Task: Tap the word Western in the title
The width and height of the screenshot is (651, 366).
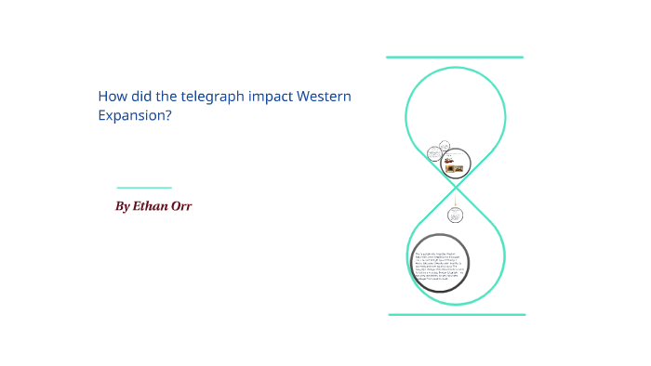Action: point(325,96)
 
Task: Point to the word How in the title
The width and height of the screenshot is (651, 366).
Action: point(112,96)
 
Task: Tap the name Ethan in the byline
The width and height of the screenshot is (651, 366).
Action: point(152,206)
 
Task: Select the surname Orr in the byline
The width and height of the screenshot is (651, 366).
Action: point(180,206)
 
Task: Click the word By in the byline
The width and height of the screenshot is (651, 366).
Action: point(123,206)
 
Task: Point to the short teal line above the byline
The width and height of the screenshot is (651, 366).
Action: point(144,187)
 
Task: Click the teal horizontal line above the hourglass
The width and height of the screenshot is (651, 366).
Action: point(455,58)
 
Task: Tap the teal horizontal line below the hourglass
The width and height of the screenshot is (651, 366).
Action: point(457,315)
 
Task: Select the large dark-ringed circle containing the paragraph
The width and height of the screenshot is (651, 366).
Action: point(440,263)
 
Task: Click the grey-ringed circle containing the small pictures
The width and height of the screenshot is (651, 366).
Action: point(454,165)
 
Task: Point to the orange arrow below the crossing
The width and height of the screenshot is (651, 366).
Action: point(455,198)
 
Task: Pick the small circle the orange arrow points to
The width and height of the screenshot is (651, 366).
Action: point(455,216)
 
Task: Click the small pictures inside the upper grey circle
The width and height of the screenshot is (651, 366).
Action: point(453,167)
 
